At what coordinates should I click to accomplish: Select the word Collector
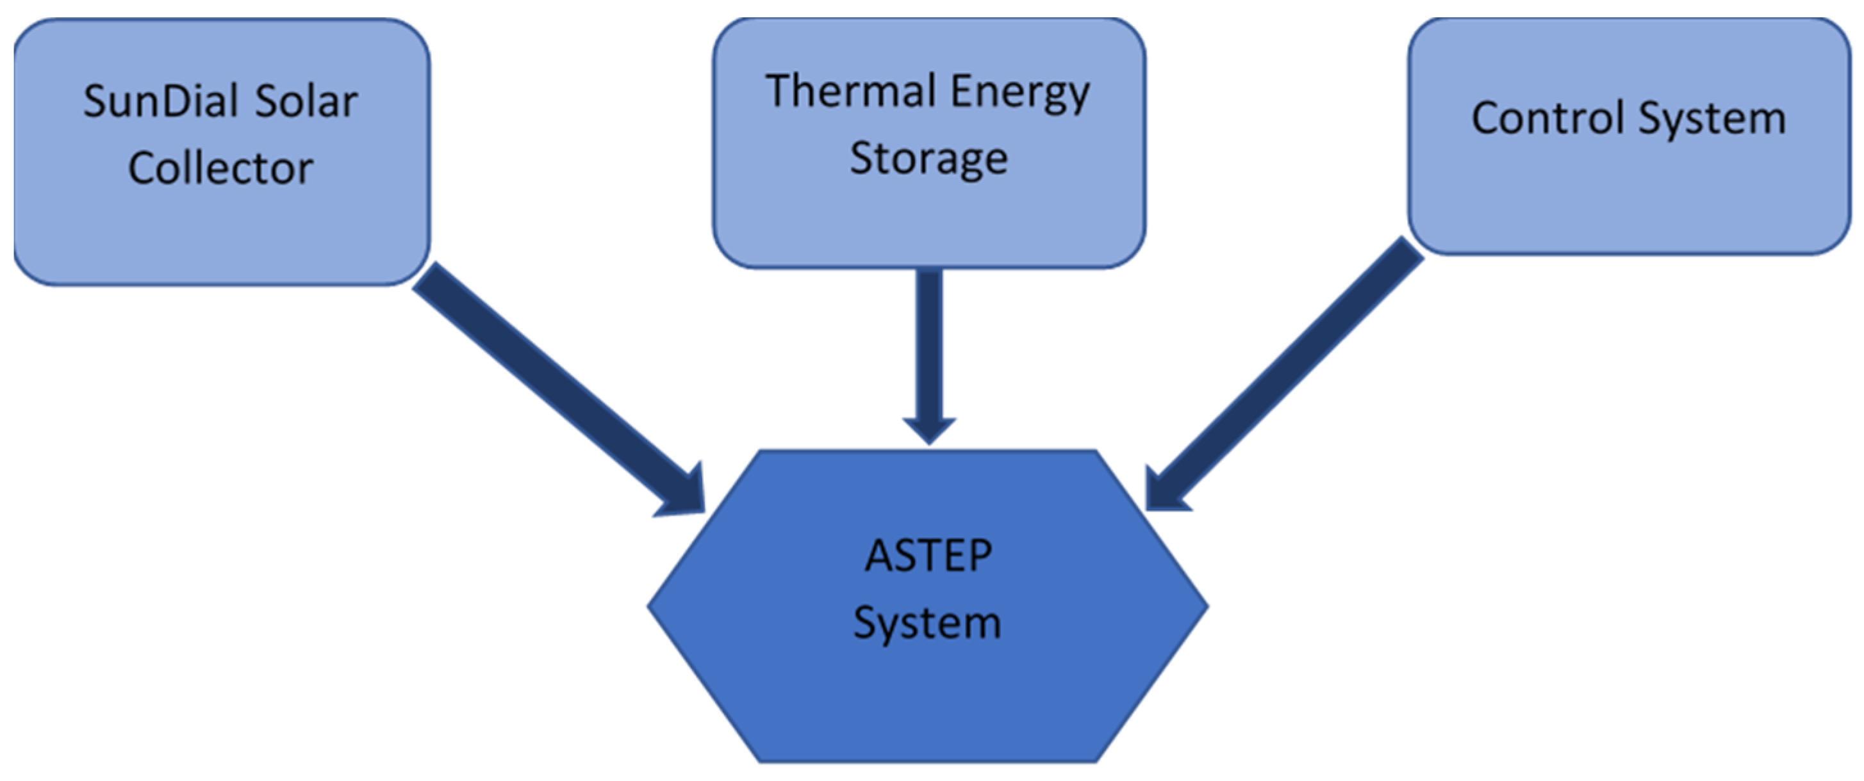(220, 168)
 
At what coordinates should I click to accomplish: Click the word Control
(1549, 118)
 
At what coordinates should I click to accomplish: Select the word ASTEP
(928, 556)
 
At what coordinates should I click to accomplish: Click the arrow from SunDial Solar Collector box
(550, 383)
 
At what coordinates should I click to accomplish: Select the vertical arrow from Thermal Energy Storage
(930, 347)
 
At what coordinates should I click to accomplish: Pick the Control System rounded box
(1628, 195)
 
